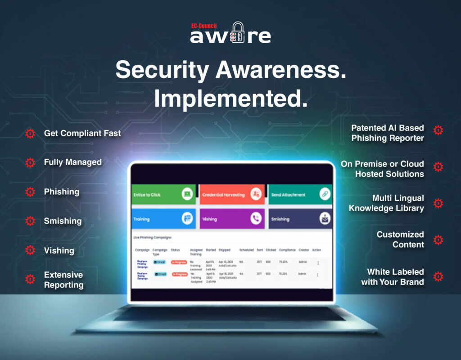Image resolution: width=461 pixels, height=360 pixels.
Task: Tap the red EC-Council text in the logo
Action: pyautogui.click(x=204, y=26)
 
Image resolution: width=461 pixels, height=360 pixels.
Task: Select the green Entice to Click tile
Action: pyautogui.click(x=163, y=194)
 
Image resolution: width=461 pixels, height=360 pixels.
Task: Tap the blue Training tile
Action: pyautogui.click(x=163, y=219)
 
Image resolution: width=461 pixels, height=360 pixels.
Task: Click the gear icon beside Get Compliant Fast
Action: pyautogui.click(x=30, y=133)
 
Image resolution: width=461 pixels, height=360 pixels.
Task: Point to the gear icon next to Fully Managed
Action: pyautogui.click(x=30, y=162)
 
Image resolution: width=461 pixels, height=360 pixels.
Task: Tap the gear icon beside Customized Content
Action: pyautogui.click(x=438, y=240)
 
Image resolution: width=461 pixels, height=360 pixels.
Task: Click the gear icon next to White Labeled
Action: pyautogui.click(x=438, y=277)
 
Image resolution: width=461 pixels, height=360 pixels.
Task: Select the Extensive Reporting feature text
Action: pyautogui.click(x=63, y=279)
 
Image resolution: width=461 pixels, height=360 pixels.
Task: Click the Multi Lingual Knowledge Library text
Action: pyautogui.click(x=386, y=203)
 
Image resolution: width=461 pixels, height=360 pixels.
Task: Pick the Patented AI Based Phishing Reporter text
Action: pyautogui.click(x=388, y=133)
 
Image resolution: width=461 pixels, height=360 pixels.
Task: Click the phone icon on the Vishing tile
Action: pyautogui.click(x=256, y=219)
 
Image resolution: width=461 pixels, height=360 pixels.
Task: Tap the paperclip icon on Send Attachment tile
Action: pyautogui.click(x=325, y=194)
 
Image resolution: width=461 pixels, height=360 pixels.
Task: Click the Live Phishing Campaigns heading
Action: pyautogui.click(x=152, y=237)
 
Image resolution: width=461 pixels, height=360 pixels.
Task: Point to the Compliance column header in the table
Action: pyautogui.click(x=287, y=250)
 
